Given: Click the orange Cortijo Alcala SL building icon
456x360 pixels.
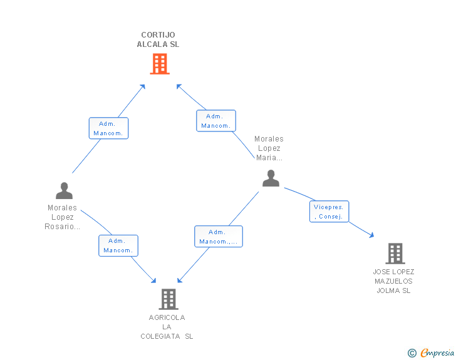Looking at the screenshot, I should (x=160, y=64).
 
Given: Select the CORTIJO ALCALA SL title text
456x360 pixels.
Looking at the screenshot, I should (x=158, y=39).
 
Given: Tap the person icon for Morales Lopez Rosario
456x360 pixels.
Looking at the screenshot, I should (x=64, y=190).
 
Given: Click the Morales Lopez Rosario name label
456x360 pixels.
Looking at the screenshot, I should (x=63, y=217).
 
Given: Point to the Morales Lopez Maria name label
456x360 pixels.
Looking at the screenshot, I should (x=269, y=148).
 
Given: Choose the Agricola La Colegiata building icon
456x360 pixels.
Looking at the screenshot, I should (x=168, y=299).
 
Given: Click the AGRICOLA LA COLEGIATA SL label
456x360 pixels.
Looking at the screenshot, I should (x=167, y=327).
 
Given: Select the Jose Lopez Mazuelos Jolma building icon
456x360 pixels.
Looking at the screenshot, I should (x=395, y=254).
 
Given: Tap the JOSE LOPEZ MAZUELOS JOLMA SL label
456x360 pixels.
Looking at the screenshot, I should (x=393, y=281).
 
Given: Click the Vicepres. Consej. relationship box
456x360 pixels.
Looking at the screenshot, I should (x=329, y=212).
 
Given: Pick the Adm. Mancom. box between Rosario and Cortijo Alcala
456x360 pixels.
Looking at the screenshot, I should (x=108, y=128).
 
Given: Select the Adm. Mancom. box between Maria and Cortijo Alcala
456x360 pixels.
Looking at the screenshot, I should (x=216, y=121).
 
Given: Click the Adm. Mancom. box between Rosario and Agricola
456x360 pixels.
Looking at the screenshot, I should (x=118, y=245).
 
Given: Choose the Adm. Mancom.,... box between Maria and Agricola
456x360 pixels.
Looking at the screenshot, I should (x=218, y=237).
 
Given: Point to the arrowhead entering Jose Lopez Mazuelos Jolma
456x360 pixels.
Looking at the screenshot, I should (x=371, y=235).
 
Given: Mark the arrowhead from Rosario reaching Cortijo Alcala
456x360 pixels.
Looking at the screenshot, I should (x=143, y=86).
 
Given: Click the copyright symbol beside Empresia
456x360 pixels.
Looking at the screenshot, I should (x=412, y=354).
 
